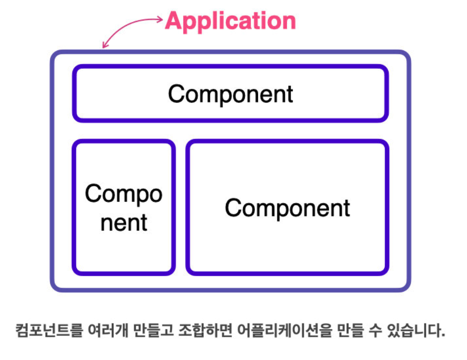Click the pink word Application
[x=230, y=21]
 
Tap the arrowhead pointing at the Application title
[x=160, y=19]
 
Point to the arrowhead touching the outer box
[x=104, y=46]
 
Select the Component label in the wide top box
[x=231, y=94]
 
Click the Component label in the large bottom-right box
[x=287, y=208]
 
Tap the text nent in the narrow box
[x=124, y=222]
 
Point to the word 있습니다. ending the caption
[x=420, y=331]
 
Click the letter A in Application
[x=174, y=21]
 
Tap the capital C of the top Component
[x=175, y=94]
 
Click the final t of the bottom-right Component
[x=346, y=208]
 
